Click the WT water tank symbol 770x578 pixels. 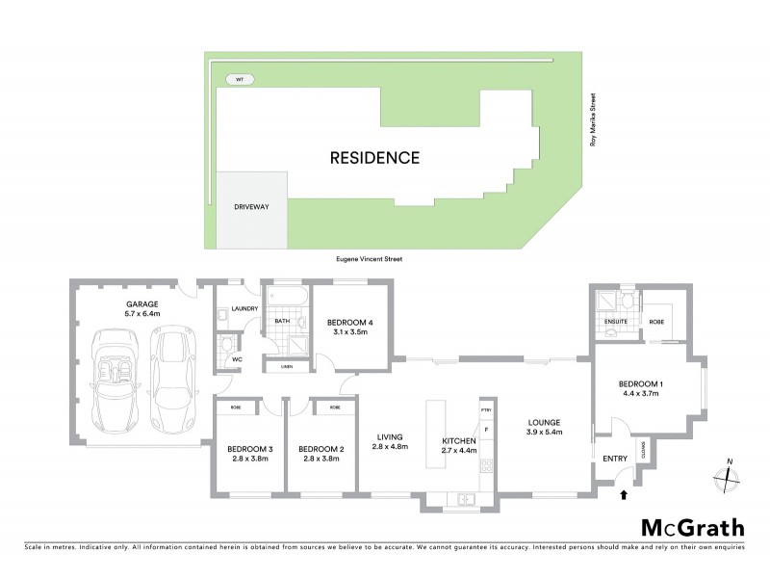point(235,79)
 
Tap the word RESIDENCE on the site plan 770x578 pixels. point(374,158)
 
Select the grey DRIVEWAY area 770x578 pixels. point(251,208)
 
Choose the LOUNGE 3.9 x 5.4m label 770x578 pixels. point(545,428)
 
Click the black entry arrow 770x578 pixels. point(624,495)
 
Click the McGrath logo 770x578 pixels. point(692,526)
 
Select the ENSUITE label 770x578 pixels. point(616,321)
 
